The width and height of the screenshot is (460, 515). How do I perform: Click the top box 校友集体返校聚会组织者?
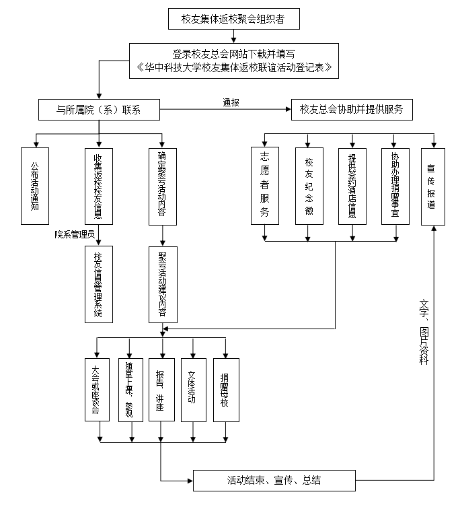pos(233,19)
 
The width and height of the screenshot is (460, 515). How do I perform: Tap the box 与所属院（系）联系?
pos(99,110)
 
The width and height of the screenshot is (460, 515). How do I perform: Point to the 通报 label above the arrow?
pos(232,102)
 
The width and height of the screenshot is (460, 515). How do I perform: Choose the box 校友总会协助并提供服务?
pos(351,110)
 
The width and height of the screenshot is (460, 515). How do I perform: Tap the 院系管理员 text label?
pos(75,234)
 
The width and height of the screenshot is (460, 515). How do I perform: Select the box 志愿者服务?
pos(264,186)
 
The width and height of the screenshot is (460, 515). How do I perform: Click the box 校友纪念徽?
pos(309,186)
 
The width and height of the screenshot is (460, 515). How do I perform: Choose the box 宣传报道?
pos(434,186)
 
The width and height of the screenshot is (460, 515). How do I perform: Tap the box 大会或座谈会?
pos(98,389)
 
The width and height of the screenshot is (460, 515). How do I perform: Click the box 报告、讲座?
pos(161,389)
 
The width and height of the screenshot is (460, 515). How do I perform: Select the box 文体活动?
pos(193,389)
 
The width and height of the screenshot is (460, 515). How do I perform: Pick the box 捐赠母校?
pos(225,389)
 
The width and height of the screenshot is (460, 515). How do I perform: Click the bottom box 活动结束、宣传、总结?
pos(274,481)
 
